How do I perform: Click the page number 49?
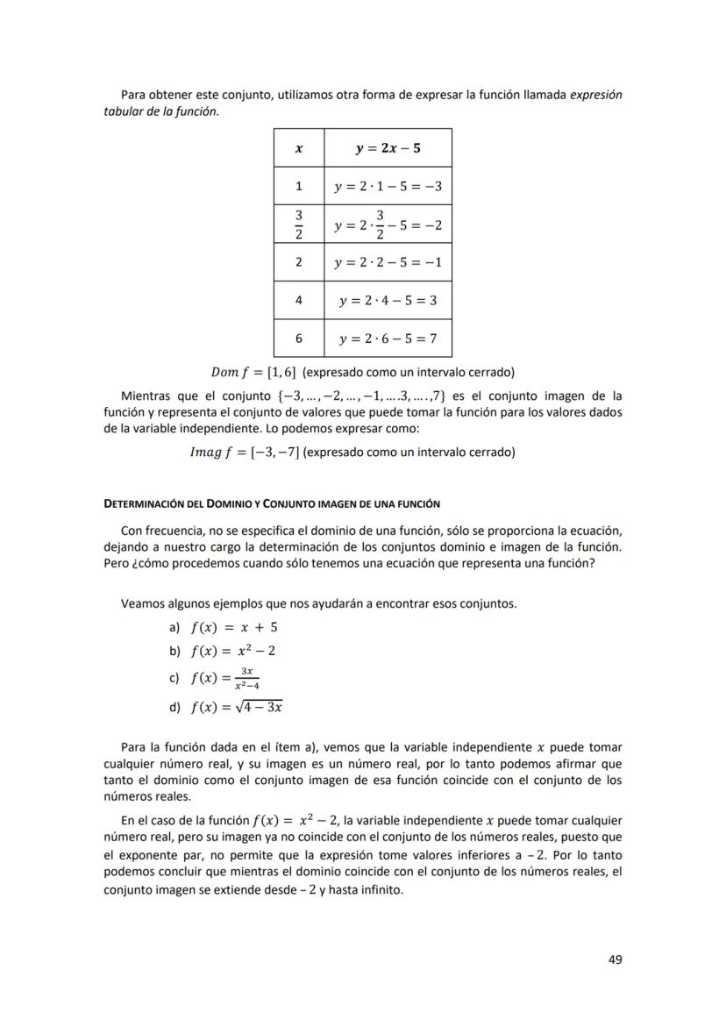(x=615, y=959)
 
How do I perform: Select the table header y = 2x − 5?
(x=388, y=148)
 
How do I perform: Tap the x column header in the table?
(x=299, y=148)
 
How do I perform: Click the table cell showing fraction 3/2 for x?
(x=299, y=225)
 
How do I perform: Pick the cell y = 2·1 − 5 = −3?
(x=388, y=186)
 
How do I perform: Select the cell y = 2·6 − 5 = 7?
(x=388, y=338)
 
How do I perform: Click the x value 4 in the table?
(x=299, y=300)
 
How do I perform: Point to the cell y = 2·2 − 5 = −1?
(x=388, y=262)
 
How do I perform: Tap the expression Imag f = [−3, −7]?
(x=245, y=453)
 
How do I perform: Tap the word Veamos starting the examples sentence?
(x=142, y=603)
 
